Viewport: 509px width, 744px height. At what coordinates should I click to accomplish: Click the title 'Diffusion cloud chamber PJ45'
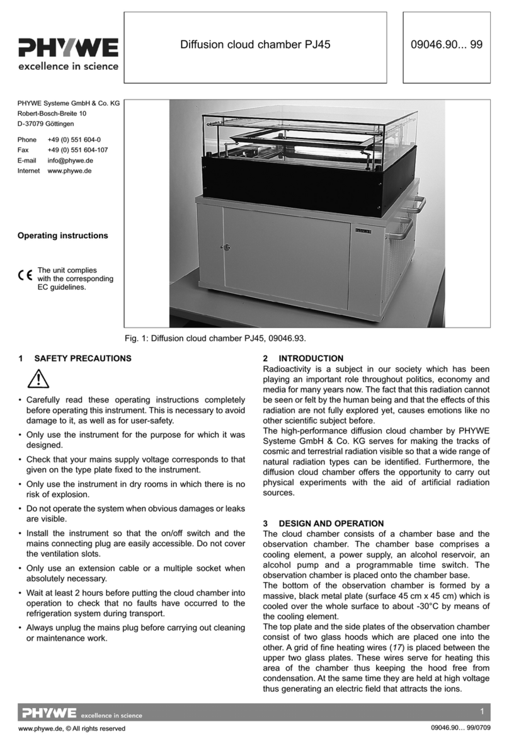pyautogui.click(x=255, y=45)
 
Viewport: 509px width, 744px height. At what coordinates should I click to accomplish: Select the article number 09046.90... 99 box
pyautogui.click(x=447, y=45)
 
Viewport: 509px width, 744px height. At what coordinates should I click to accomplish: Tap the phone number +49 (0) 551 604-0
pyautogui.click(x=74, y=139)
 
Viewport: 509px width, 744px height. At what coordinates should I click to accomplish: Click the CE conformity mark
pyautogui.click(x=25, y=275)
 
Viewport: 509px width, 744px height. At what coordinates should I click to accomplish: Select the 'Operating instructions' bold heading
pyautogui.click(x=62, y=236)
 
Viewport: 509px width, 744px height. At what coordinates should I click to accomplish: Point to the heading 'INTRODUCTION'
pyautogui.click(x=311, y=358)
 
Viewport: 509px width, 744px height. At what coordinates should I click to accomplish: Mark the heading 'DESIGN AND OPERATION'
pyautogui.click(x=331, y=524)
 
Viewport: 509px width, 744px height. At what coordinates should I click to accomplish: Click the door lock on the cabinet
pyautogui.click(x=226, y=248)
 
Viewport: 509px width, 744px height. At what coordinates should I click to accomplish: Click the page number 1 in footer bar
pyautogui.click(x=481, y=712)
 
